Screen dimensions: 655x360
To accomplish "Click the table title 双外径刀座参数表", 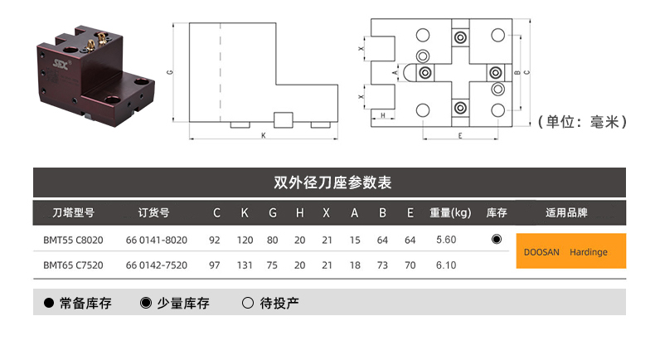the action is coord(332,182).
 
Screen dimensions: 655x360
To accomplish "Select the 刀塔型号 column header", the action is coord(73,213).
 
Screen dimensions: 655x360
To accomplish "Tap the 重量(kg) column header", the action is coord(450,213).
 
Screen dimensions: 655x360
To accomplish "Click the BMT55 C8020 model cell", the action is coord(73,240).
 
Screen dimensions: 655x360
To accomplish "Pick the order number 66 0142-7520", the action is coord(157,265).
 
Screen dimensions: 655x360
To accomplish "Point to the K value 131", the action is coord(245,265).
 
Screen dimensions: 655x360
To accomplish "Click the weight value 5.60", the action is coord(446,240).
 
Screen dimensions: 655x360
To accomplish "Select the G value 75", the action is coord(272,265).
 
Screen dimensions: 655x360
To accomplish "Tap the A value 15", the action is coord(355,240).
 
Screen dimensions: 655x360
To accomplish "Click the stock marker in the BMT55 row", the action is coord(497,239).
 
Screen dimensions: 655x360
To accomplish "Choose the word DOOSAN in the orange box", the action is coord(541,252).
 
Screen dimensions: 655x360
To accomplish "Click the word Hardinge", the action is coord(589,252).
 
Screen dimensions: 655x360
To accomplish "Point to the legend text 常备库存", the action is coord(85,303).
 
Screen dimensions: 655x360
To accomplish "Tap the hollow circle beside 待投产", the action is coord(248,303).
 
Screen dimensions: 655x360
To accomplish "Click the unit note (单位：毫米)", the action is coord(582,122).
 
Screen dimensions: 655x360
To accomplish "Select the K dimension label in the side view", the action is coord(263,135).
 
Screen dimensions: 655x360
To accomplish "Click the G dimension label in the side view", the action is coord(170,72).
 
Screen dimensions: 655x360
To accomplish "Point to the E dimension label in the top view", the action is coord(460,136).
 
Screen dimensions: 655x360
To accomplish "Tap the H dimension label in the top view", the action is coord(382,115).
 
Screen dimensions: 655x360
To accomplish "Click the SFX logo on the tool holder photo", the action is coord(61,64).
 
